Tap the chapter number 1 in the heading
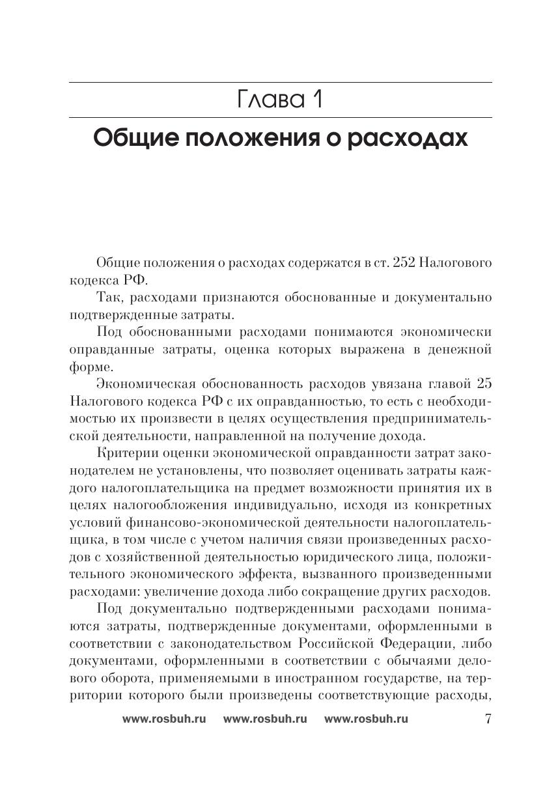pyautogui.click(x=316, y=100)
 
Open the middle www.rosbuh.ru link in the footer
pyautogui.click(x=264, y=719)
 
